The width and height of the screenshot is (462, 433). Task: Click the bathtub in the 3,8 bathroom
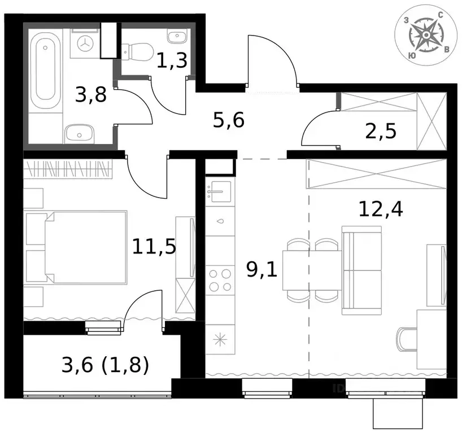(x=46, y=71)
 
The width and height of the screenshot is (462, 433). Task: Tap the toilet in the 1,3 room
(x=137, y=53)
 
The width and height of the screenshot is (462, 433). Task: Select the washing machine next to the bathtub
(x=85, y=43)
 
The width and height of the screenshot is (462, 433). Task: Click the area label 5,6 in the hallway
(x=229, y=120)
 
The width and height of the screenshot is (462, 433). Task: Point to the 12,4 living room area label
(x=381, y=209)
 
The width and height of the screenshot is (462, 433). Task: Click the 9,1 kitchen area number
(x=262, y=269)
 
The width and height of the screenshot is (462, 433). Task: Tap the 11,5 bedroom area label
(x=154, y=246)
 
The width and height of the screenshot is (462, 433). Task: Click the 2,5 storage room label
(x=381, y=131)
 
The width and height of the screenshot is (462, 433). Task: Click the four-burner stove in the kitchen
(x=220, y=280)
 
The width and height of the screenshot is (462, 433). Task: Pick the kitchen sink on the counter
(x=220, y=191)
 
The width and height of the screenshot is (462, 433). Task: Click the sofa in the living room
(x=362, y=270)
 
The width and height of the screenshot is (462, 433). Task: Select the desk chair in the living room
(x=407, y=339)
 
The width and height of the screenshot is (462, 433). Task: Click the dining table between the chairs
(x=312, y=270)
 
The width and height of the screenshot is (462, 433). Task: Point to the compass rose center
(x=425, y=35)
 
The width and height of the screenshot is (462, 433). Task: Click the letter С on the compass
(x=441, y=15)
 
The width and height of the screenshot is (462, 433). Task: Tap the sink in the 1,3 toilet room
(x=177, y=36)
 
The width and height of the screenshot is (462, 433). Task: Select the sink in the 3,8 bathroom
(x=79, y=134)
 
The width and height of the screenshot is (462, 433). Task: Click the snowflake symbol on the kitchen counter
(x=220, y=340)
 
